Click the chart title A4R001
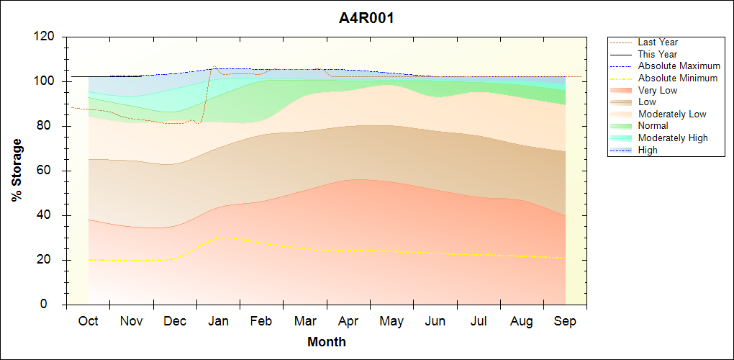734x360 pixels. (x=366, y=18)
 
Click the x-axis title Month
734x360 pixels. (x=327, y=342)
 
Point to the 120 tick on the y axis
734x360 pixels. (x=45, y=37)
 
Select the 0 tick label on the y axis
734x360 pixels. (x=52, y=305)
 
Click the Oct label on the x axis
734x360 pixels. (x=89, y=321)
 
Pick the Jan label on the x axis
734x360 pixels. (x=219, y=321)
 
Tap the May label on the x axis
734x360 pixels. (x=391, y=321)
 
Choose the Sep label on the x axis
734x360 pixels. (x=565, y=321)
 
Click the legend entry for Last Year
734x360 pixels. (x=658, y=42)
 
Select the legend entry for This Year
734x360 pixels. (x=658, y=54)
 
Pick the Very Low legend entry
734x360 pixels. (x=658, y=90)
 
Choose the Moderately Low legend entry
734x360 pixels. (x=672, y=114)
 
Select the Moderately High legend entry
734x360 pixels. (x=673, y=138)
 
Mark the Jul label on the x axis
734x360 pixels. (x=479, y=321)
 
